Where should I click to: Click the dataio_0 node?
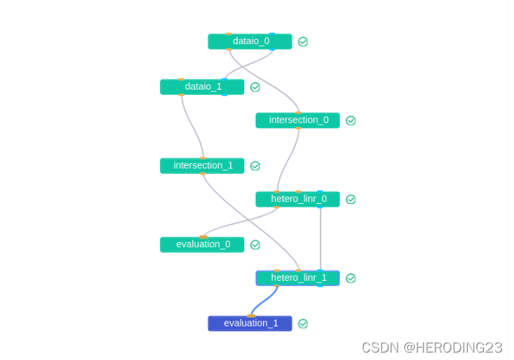point(250,42)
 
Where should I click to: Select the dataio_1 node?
point(202,87)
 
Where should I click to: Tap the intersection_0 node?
point(297,120)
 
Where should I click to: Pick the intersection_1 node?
point(202,166)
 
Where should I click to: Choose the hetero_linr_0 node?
point(297,199)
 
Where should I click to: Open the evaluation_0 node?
point(202,245)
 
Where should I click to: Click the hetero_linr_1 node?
point(297,279)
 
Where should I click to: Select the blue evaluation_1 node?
point(250,323)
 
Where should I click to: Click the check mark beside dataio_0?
point(303,42)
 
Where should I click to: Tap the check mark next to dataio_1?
point(255,87)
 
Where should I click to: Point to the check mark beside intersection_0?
point(350,120)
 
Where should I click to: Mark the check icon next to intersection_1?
point(255,166)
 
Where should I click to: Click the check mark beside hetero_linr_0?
point(350,199)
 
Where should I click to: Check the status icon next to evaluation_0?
point(255,245)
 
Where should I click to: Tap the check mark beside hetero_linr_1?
point(350,279)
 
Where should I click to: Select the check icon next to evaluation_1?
point(303,323)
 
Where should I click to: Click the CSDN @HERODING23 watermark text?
point(431,347)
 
